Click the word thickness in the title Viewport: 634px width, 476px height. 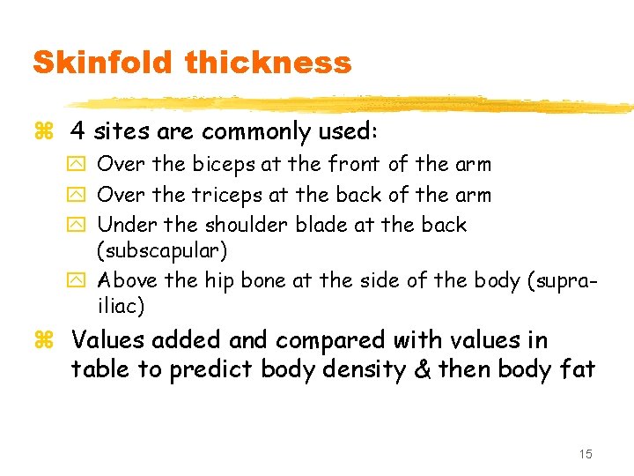269,63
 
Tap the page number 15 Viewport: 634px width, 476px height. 586,454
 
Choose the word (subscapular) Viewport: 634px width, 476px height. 162,251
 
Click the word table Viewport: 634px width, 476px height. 97,368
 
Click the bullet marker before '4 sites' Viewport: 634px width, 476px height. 39,133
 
